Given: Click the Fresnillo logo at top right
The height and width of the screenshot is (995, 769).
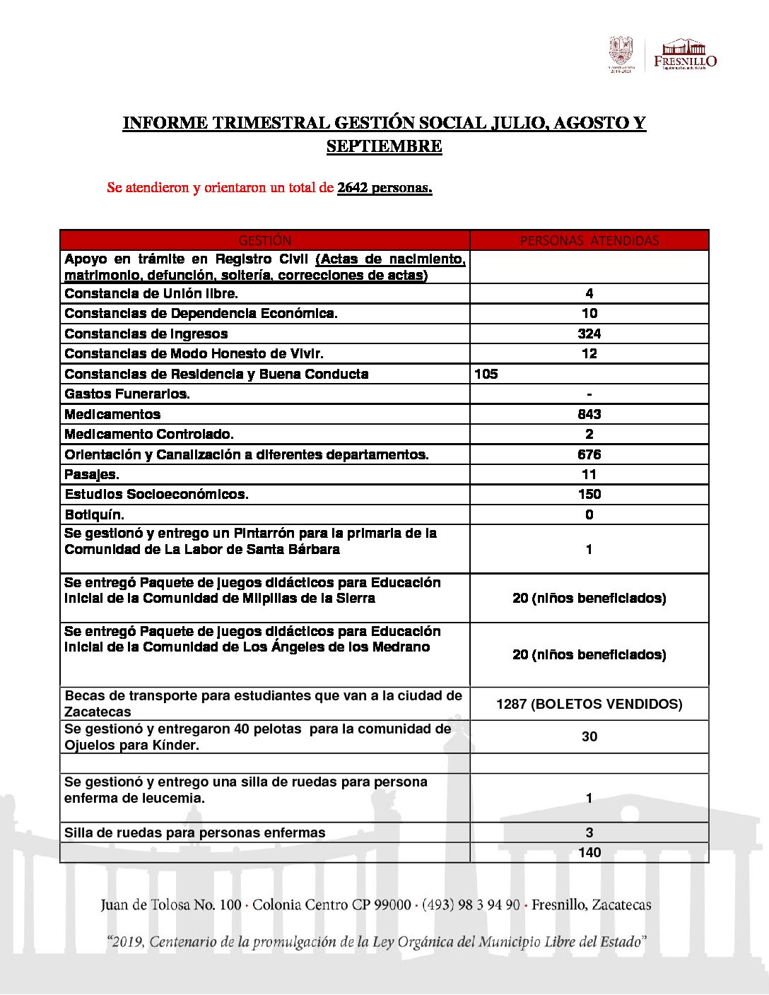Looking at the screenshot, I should pyautogui.click(x=684, y=54).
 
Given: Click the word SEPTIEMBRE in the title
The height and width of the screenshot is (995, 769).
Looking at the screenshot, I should pyautogui.click(x=384, y=146).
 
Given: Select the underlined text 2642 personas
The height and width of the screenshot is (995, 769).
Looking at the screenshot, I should pyautogui.click(x=384, y=188).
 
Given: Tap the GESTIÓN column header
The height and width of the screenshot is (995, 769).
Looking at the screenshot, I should pyautogui.click(x=265, y=240).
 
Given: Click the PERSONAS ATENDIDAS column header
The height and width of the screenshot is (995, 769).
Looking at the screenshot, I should pyautogui.click(x=589, y=240).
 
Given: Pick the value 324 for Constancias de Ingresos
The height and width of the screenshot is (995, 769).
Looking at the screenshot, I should pyautogui.click(x=589, y=334).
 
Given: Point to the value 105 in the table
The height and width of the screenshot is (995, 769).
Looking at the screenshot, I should pyautogui.click(x=486, y=374).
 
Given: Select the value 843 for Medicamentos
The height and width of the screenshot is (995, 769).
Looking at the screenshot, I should pyautogui.click(x=589, y=414).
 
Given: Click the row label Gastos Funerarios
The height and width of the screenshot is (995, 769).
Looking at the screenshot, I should pyautogui.click(x=127, y=394).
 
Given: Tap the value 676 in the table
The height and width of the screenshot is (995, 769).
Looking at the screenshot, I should pyautogui.click(x=589, y=454).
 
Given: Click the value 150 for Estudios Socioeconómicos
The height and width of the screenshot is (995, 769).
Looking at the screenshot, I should pyautogui.click(x=589, y=494).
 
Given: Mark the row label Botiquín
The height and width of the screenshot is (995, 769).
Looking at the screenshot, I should pyautogui.click(x=94, y=514).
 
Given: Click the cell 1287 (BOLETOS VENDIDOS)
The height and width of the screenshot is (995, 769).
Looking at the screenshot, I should pyautogui.click(x=589, y=704).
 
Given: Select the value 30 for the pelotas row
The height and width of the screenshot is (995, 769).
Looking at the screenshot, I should pyautogui.click(x=589, y=736).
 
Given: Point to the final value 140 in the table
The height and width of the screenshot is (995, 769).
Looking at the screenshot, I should pyautogui.click(x=589, y=852).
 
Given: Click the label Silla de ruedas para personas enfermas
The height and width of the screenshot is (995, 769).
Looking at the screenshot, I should pyautogui.click(x=195, y=832).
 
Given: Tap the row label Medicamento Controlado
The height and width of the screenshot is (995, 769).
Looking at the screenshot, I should pyautogui.click(x=149, y=434).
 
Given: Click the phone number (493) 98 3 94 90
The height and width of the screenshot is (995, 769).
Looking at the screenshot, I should pyautogui.click(x=471, y=905).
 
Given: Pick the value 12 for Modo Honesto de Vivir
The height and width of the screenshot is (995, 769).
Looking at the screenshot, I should pyautogui.click(x=589, y=353).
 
